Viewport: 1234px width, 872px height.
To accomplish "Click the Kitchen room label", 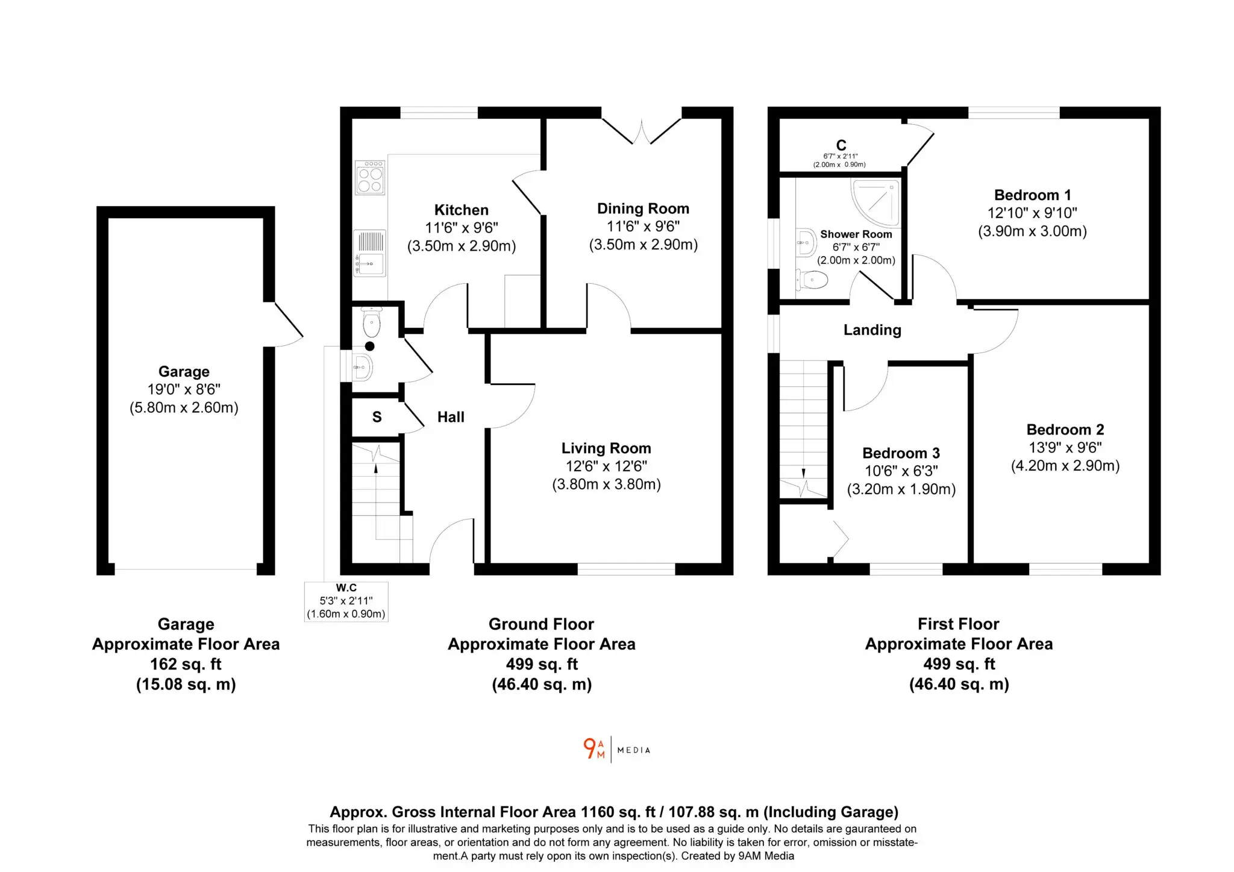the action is [461, 210].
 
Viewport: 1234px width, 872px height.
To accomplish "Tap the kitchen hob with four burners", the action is [370, 177].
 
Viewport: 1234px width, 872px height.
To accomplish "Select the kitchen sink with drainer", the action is [369, 253].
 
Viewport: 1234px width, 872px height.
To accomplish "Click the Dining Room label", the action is [643, 209].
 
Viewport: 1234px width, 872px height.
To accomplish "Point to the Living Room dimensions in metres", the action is [606, 484].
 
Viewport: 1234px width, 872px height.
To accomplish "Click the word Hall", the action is [451, 417].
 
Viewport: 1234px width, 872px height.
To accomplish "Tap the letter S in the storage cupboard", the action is [377, 417].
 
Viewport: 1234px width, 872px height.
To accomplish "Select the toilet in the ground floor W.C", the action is [372, 322].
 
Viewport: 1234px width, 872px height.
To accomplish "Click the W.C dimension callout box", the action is [346, 601].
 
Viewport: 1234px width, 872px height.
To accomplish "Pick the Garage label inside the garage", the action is [184, 371].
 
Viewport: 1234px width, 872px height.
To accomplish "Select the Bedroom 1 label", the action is [1032, 195].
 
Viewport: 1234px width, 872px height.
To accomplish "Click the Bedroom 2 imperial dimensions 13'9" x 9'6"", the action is [1065, 448].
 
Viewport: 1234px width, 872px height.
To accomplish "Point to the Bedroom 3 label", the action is [901, 453].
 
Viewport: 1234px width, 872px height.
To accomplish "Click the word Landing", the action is [872, 330].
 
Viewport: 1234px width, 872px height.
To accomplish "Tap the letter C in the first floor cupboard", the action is [841, 145].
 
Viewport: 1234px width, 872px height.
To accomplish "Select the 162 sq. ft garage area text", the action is [186, 664].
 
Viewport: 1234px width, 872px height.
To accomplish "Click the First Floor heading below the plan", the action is [958, 624].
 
